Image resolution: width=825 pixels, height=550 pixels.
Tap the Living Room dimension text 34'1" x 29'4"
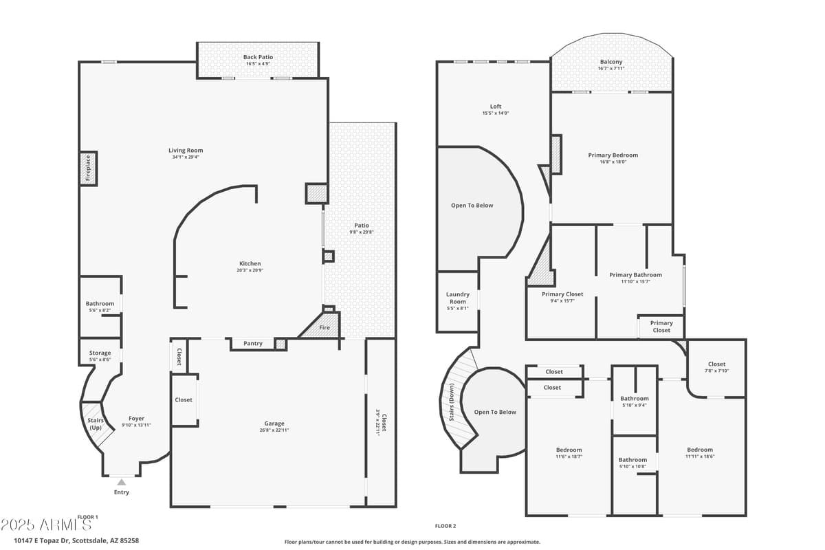point(186,157)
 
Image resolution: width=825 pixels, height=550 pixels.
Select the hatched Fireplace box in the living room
point(88,168)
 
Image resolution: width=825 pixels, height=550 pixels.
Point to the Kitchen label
point(250,263)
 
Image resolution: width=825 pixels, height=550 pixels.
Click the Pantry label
point(253,343)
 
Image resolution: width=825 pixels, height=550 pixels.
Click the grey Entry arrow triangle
point(122,482)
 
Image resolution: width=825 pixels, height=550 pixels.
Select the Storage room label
point(100,353)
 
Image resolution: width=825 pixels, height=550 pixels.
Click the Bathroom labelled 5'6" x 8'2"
point(100,303)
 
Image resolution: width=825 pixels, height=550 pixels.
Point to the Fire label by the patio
point(324,327)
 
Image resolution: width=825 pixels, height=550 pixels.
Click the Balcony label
point(610,62)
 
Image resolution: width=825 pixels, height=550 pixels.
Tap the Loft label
point(495,107)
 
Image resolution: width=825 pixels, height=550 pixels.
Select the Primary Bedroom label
point(613,155)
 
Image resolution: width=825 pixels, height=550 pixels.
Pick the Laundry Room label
point(457,298)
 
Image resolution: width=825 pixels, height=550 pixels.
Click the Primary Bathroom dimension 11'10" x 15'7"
point(635,281)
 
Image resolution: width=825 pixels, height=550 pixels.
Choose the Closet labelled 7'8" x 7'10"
point(716,364)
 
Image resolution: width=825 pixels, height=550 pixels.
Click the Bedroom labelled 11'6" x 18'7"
point(569,450)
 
